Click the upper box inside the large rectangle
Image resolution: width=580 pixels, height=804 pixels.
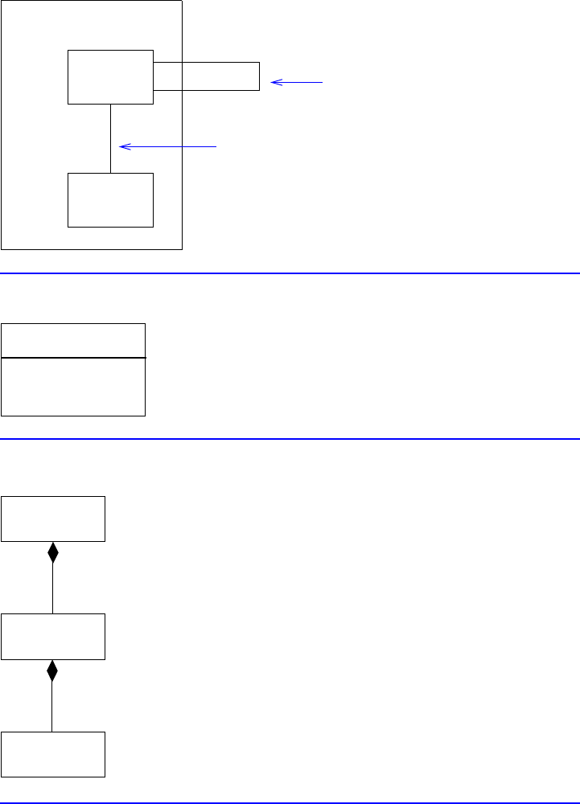(x=110, y=77)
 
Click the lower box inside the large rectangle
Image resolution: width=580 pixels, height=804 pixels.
(x=110, y=199)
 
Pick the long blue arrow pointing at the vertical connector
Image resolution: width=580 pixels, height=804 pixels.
(x=169, y=146)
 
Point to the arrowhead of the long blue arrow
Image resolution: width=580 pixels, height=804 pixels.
(x=122, y=146)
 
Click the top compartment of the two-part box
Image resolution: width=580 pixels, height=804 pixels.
(x=73, y=340)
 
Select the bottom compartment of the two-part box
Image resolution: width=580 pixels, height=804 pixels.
(x=73, y=387)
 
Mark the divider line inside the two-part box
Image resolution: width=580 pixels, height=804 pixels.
(x=73, y=357)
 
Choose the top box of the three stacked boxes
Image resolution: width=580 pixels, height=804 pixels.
(x=53, y=519)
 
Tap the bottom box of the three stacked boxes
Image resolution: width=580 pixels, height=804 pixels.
(x=53, y=754)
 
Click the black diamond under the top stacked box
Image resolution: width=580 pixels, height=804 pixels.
(x=53, y=552)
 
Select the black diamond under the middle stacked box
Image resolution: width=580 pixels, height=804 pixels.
(x=53, y=671)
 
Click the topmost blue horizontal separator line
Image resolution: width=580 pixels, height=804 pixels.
(x=290, y=273)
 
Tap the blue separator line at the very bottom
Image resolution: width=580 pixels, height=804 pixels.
(x=290, y=802)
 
